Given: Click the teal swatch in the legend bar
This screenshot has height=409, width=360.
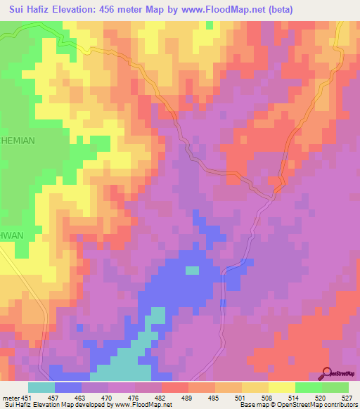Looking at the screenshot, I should pos(41,387).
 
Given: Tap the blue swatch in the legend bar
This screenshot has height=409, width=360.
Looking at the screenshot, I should pos(68,387).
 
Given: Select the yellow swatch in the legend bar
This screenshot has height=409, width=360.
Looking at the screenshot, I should pos(282,387).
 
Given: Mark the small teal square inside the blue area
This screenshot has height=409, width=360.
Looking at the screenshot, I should pos(192,270).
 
